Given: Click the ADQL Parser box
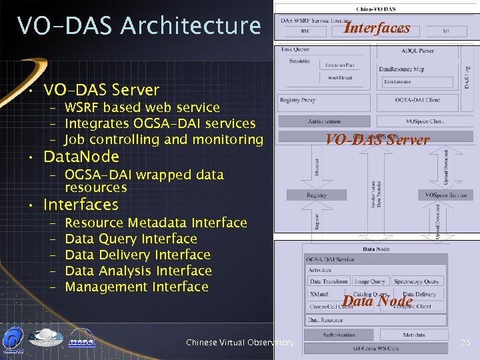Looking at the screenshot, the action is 417,51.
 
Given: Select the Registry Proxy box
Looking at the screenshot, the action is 298,100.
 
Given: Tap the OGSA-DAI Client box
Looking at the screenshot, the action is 417,100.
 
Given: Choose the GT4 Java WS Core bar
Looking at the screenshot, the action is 377,348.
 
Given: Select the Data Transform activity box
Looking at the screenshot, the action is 328,281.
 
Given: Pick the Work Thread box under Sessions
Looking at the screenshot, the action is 341,78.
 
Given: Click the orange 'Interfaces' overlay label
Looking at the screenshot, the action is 377,28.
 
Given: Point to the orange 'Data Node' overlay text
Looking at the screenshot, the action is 377,301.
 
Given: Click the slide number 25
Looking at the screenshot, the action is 465,343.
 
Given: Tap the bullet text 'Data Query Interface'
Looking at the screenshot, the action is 131,239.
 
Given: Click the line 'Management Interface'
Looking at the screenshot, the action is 137,287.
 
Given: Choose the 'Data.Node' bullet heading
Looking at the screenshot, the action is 81,157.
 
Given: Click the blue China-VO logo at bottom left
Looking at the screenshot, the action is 14,339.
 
